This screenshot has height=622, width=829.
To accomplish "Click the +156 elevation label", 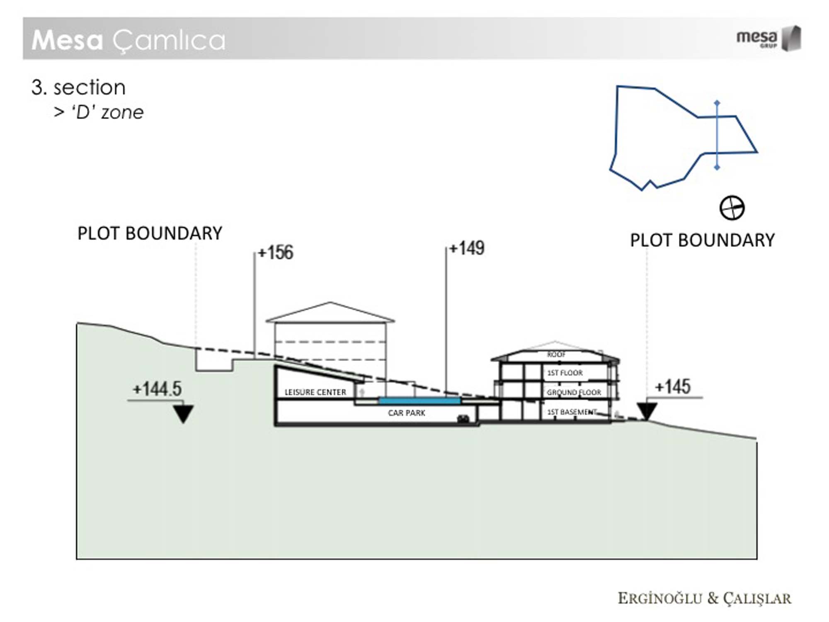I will coord(276,253).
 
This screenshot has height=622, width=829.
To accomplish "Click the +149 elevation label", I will coord(467,248).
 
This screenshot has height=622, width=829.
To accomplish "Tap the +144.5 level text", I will coord(157,389).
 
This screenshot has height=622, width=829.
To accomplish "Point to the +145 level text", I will coord(672,386).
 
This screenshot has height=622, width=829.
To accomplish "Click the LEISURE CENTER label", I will coord(315,392).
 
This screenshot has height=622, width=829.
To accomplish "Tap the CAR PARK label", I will coord(406,413).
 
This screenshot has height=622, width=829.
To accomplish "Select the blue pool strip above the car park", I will coord(419,401).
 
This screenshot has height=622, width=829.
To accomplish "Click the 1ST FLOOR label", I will coord(565,373).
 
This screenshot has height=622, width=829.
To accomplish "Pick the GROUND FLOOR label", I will coord(574,392).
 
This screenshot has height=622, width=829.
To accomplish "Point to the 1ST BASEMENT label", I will coord(572,412).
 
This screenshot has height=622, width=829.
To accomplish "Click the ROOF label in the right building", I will coord(556,355).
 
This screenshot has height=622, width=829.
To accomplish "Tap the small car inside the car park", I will coord(463,419).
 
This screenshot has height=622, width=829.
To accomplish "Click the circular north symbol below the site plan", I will coord(732,208).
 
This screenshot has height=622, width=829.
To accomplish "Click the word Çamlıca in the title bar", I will coord(169,41).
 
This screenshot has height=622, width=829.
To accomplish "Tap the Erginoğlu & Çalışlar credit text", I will coord(704,598).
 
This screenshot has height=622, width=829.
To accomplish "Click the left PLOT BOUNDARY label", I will coord(150,233).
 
